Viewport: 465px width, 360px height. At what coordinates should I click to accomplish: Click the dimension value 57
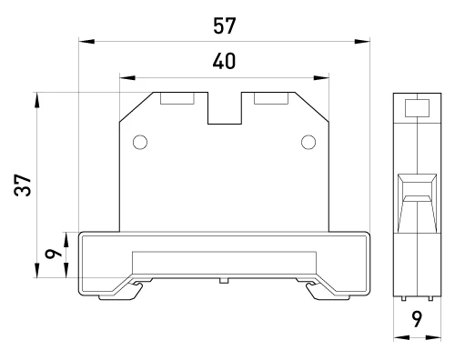pyautogui.click(x=224, y=26)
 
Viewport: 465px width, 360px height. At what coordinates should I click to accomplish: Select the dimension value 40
pyautogui.click(x=224, y=61)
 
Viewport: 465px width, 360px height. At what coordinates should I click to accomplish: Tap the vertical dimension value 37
pyautogui.click(x=23, y=185)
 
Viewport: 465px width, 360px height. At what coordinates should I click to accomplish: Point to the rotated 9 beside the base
pyautogui.click(x=54, y=254)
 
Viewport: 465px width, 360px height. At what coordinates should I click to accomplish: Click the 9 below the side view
pyautogui.click(x=417, y=319)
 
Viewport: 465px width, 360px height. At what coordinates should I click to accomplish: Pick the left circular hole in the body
pyautogui.click(x=140, y=142)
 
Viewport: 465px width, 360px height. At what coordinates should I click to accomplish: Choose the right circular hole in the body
pyautogui.click(x=308, y=142)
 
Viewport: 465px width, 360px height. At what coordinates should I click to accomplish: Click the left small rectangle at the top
pyautogui.click(x=177, y=98)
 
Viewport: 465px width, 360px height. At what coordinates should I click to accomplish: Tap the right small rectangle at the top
pyautogui.click(x=271, y=98)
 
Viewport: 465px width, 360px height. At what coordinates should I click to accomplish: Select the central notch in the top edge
pyautogui.click(x=225, y=108)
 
